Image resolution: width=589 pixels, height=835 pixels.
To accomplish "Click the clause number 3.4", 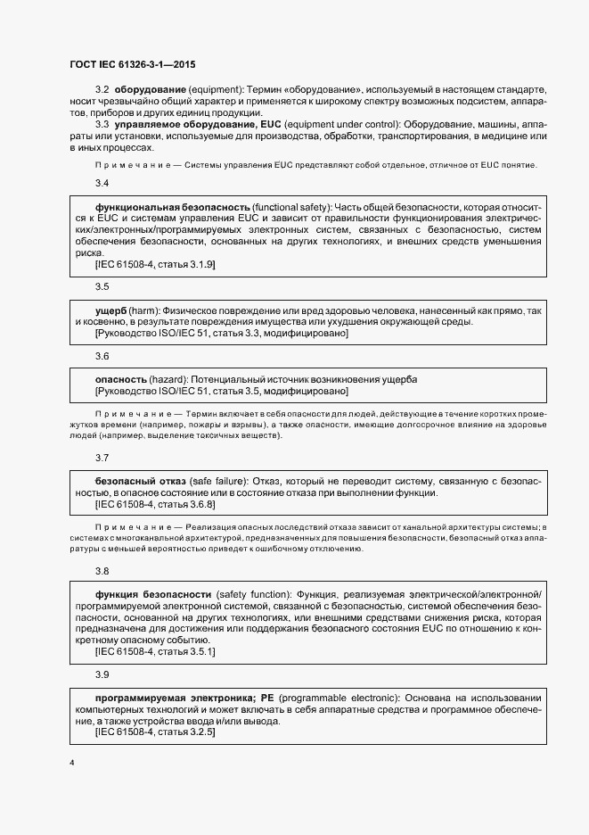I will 102,184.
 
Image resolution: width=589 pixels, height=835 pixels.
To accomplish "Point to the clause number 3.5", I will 102,286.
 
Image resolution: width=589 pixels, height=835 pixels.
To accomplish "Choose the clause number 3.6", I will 102,356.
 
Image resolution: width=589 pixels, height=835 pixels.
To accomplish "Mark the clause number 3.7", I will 102,458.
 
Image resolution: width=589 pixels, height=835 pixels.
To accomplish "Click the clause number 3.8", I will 102,571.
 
